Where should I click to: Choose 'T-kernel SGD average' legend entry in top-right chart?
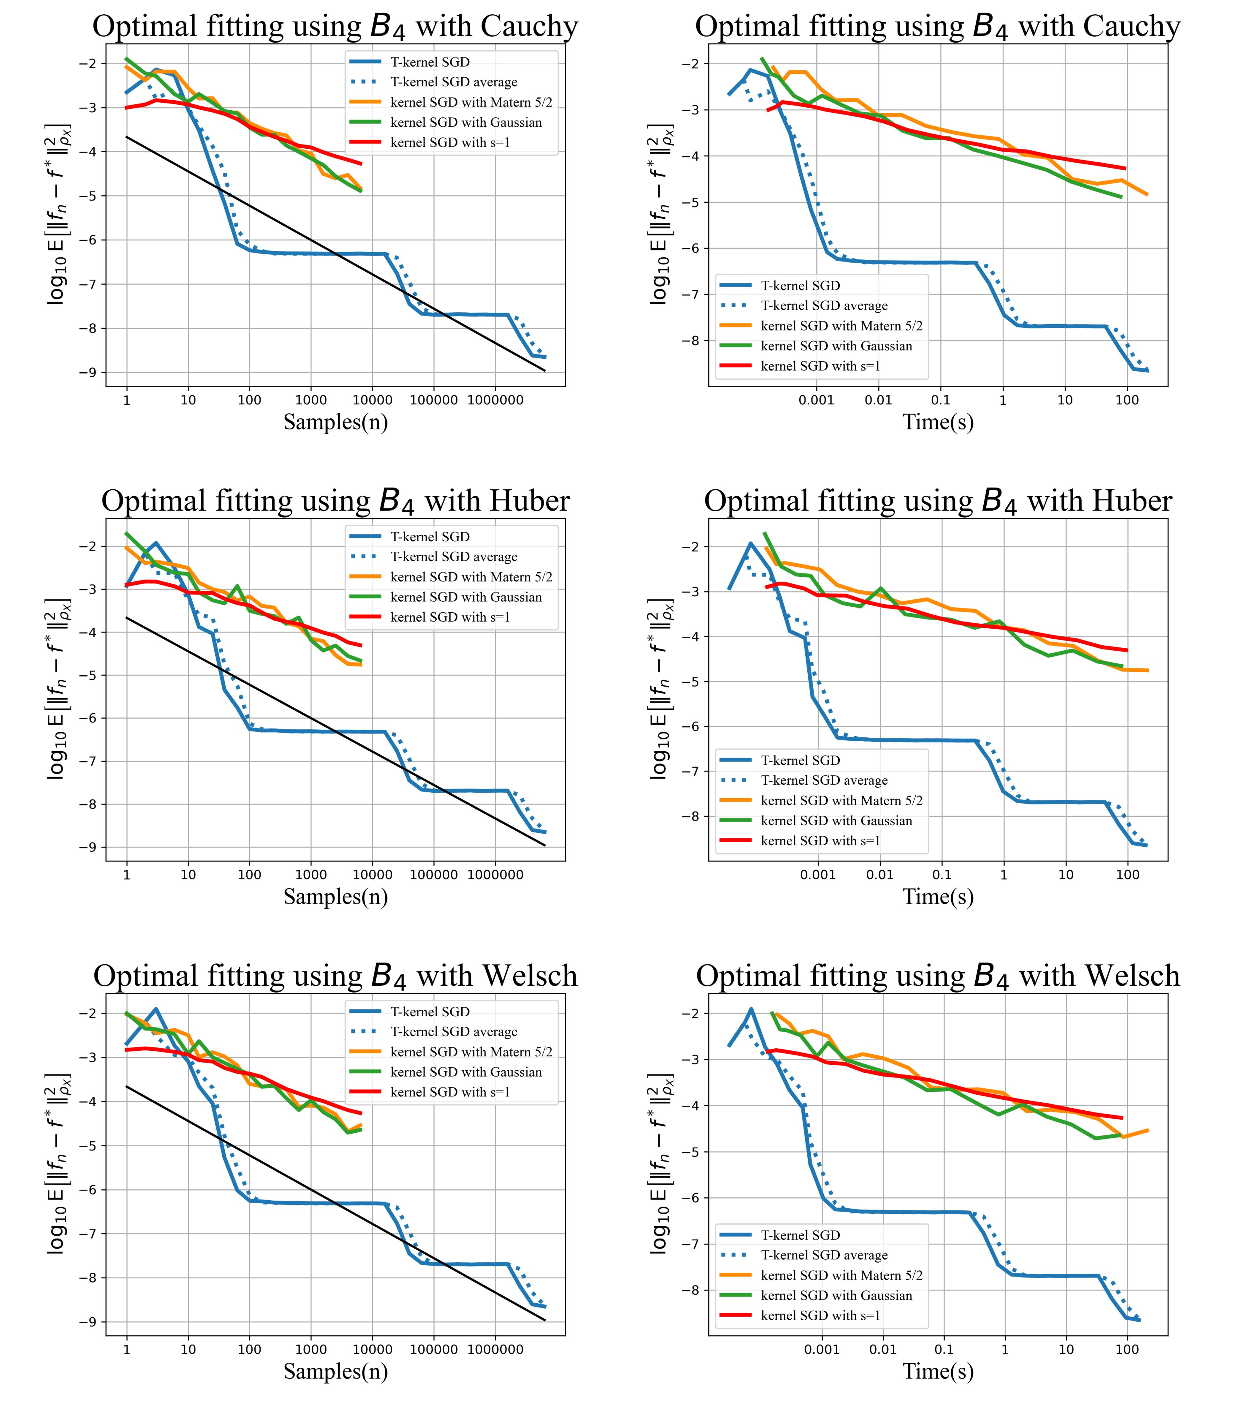pyautogui.click(x=824, y=306)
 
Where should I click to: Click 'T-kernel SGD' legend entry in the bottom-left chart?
pyautogui.click(x=430, y=1012)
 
